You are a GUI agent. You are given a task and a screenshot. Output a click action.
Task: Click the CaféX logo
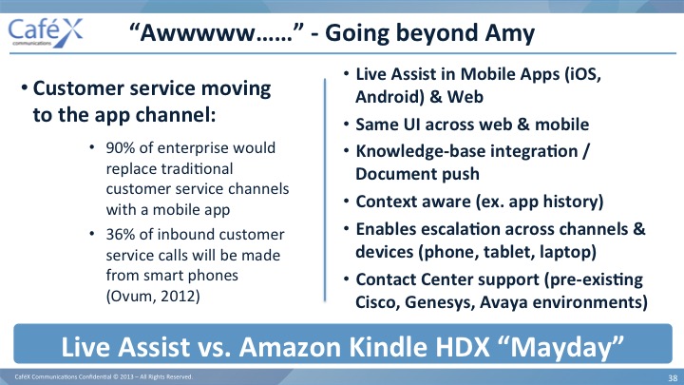coord(46,32)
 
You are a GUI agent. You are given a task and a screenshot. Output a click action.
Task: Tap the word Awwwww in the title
coord(198,33)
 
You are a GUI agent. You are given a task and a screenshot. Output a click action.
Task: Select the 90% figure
coord(121,148)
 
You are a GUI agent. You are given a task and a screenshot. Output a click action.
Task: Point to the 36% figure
coord(121,235)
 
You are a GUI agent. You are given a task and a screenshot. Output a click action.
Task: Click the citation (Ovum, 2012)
coord(153,297)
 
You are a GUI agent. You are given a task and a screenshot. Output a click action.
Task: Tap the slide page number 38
coord(673,378)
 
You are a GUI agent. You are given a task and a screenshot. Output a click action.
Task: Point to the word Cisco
coord(378,302)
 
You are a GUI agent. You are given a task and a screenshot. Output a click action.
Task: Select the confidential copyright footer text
coord(104,376)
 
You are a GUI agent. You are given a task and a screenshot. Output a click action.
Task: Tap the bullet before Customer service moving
coord(25,87)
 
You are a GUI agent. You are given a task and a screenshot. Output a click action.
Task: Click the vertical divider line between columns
coord(325,190)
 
